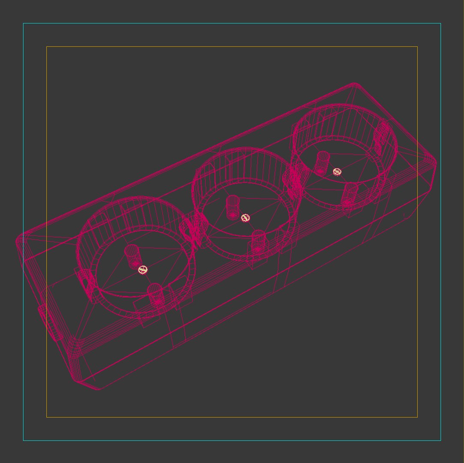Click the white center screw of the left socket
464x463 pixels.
143,270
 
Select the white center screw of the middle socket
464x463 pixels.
245,218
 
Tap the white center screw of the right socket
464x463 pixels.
337,172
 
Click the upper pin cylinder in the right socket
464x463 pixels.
322,162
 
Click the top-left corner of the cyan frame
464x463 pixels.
23,24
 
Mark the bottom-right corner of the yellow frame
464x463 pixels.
417,417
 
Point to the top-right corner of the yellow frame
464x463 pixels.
417,47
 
